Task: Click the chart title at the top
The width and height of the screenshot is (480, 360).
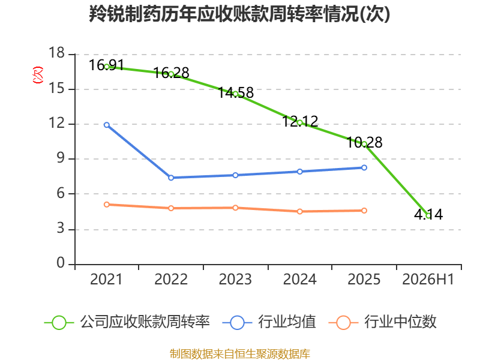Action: pyautogui.click(x=239, y=14)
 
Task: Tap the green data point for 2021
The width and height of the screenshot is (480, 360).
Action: pyautogui.click(x=107, y=67)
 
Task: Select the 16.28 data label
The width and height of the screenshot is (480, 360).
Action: pyautogui.click(x=171, y=73)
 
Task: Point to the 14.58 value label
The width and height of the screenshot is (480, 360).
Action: pyautogui.click(x=236, y=92)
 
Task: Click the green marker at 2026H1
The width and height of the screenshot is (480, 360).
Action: pyautogui.click(x=428, y=215)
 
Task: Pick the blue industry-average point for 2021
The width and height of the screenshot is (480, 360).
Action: pyautogui.click(x=107, y=125)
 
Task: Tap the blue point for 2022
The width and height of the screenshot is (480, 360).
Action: pyautogui.click(x=171, y=178)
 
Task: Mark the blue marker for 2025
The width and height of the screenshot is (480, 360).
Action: pyautogui.click(x=364, y=168)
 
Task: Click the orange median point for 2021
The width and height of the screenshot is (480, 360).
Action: pyautogui.click(x=107, y=205)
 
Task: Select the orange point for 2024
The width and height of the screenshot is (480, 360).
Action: pyautogui.click(x=300, y=212)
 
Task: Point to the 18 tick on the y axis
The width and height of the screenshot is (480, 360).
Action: pyautogui.click(x=57, y=53)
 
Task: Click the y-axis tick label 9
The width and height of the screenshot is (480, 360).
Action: pyautogui.click(x=61, y=158)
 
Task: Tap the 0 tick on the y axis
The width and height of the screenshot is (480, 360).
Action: pyautogui.click(x=61, y=263)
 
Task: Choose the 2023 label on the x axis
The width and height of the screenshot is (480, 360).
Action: pyautogui.click(x=235, y=280)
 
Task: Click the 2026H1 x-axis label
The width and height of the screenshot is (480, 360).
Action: pyautogui.click(x=428, y=280)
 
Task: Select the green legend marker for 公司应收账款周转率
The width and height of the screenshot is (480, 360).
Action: pyautogui.click(x=59, y=323)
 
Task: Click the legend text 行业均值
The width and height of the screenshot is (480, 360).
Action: pyautogui.click(x=287, y=322)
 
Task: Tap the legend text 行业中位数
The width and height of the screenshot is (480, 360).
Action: pyautogui.click(x=400, y=322)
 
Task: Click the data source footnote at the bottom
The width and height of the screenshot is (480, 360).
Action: pyautogui.click(x=240, y=354)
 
